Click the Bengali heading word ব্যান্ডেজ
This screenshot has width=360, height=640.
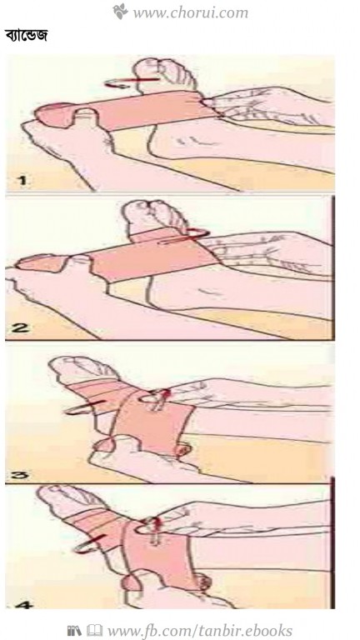click(26, 35)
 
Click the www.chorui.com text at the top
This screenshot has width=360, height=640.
click(190, 12)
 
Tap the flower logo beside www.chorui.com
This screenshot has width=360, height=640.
click(120, 11)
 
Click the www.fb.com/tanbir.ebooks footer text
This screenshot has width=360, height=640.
click(200, 630)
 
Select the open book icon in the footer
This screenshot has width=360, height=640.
click(94, 630)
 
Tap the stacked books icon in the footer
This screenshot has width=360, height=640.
click(74, 630)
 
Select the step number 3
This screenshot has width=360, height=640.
click(18, 475)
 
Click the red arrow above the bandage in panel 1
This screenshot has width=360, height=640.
click(131, 82)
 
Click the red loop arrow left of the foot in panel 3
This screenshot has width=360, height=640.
click(83, 407)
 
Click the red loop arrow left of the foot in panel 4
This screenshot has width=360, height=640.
click(91, 543)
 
